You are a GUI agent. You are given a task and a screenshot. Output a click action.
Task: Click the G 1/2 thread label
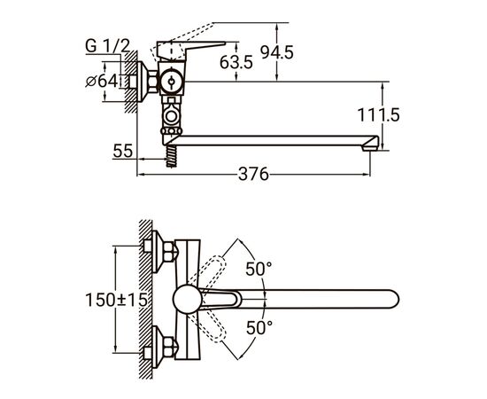pyautogui.click(x=107, y=46)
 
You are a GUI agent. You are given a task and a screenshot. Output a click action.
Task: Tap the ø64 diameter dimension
pyautogui.click(x=102, y=82)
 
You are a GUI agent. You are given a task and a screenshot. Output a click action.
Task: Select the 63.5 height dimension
pyautogui.click(x=236, y=62)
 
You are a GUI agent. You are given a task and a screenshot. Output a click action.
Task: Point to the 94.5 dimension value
pyautogui.click(x=277, y=52)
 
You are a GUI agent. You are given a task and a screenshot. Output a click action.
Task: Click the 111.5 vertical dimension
pyautogui.click(x=378, y=115)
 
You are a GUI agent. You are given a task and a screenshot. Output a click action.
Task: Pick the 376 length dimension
pyautogui.click(x=253, y=174)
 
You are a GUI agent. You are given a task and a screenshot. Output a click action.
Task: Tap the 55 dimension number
pyautogui.click(x=123, y=151)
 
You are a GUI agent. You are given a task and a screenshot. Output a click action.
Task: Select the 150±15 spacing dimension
pyautogui.click(x=117, y=300)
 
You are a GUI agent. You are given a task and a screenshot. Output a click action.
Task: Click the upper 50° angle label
pyautogui.click(x=259, y=269)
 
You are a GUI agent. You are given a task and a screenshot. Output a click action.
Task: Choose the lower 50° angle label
pyautogui.click(x=259, y=327)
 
